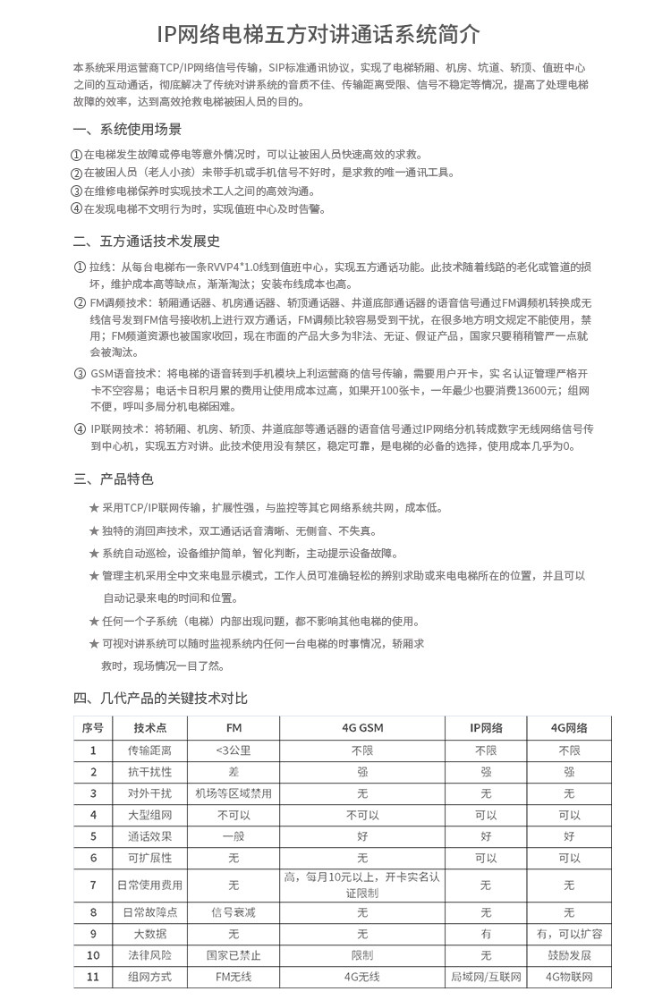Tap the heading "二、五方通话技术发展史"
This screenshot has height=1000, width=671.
(x=147, y=242)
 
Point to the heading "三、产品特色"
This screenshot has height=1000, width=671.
(x=114, y=479)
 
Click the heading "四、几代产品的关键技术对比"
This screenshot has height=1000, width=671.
(x=160, y=697)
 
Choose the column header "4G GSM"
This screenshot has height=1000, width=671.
(x=362, y=727)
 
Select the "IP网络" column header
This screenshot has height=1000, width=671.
(x=486, y=727)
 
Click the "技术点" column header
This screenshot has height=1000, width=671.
(x=150, y=727)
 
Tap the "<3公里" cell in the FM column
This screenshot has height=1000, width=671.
(x=234, y=750)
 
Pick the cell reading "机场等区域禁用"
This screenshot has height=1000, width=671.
(x=234, y=792)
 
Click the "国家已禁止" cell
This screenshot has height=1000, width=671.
(x=234, y=955)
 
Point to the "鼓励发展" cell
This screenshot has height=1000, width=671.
(x=569, y=955)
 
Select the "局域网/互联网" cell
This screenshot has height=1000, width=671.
(x=486, y=977)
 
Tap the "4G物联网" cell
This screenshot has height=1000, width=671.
(x=569, y=977)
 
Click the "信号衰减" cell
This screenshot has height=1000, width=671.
(x=234, y=912)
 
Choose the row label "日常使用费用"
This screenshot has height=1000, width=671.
(x=150, y=886)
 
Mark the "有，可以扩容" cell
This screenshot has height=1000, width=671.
(x=569, y=934)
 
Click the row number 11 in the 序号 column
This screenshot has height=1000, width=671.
(x=93, y=977)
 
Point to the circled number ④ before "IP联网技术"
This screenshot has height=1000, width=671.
(x=80, y=428)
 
